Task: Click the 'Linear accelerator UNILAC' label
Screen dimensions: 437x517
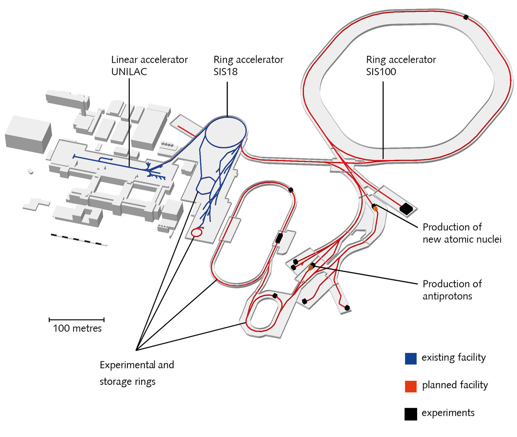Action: tap(149, 66)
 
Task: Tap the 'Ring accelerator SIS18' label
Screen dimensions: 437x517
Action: tap(248, 66)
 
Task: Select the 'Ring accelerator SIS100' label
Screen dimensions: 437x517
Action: tap(401, 66)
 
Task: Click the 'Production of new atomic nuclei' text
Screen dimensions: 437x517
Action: tap(462, 233)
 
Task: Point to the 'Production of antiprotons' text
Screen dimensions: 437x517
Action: tap(452, 290)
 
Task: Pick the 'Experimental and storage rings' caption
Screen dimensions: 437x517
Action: tap(137, 373)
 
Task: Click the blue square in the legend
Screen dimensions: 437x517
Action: tap(411, 359)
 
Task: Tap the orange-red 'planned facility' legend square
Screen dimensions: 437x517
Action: tap(411, 386)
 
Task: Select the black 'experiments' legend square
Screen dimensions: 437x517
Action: tap(411, 414)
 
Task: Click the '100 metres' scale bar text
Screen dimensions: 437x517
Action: tap(77, 328)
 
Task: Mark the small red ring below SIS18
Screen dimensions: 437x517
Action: tap(197, 232)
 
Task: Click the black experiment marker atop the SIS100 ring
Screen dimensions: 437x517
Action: tap(466, 17)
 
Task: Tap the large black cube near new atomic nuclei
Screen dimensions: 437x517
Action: tap(406, 209)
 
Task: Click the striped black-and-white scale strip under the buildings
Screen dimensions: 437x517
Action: tap(79, 240)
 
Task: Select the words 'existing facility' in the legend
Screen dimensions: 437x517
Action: tap(453, 358)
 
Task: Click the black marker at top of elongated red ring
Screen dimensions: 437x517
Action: tap(290, 189)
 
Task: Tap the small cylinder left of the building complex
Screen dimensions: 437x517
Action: tap(30, 171)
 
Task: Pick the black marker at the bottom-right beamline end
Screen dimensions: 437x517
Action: tap(347, 308)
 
